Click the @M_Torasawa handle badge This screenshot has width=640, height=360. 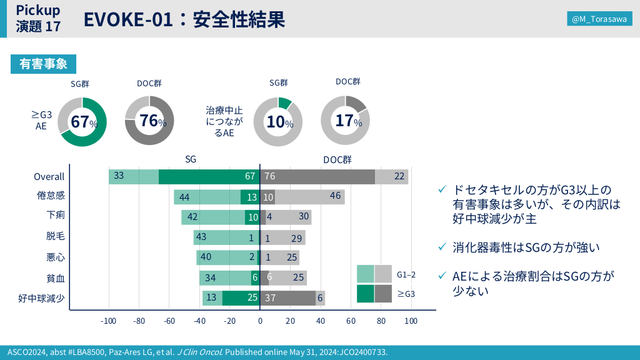pyautogui.click(x=599, y=19)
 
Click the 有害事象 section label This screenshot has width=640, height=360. pyautogui.click(x=43, y=64)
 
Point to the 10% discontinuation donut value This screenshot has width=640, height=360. pyautogui.click(x=279, y=122)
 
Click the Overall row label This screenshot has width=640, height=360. pyautogui.click(x=49, y=177)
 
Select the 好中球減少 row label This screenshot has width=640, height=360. pyautogui.click(x=41, y=298)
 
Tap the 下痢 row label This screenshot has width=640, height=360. pyautogui.click(x=56, y=216)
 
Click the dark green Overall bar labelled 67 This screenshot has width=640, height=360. pyautogui.click(x=209, y=177)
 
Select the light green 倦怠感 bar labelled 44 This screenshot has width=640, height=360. pyautogui.click(x=207, y=197)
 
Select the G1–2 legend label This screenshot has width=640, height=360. pyautogui.click(x=406, y=274)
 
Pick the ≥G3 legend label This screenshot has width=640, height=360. pyautogui.click(x=406, y=293)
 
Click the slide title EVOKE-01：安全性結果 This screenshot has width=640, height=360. pyautogui.click(x=184, y=20)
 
